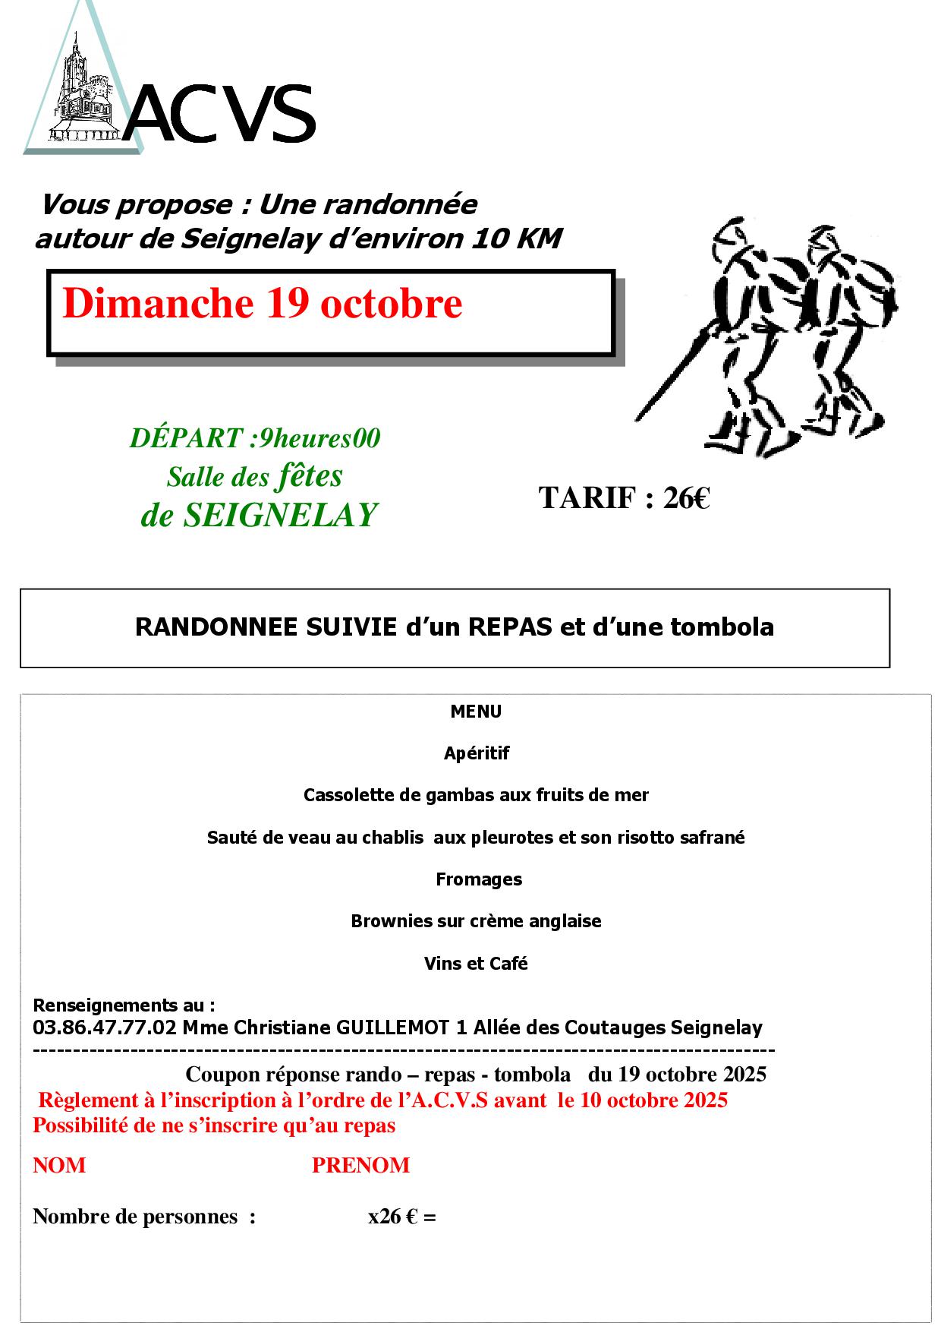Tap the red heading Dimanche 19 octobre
[x=262, y=304]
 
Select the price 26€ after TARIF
[x=687, y=498]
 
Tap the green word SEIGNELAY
[x=281, y=516]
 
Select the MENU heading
[x=476, y=712]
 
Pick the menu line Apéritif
[x=477, y=753]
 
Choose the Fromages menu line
[x=479, y=879]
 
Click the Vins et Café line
[x=476, y=964]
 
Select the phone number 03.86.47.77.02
[x=105, y=1028]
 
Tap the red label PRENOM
[x=360, y=1166]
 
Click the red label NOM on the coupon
[x=59, y=1166]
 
